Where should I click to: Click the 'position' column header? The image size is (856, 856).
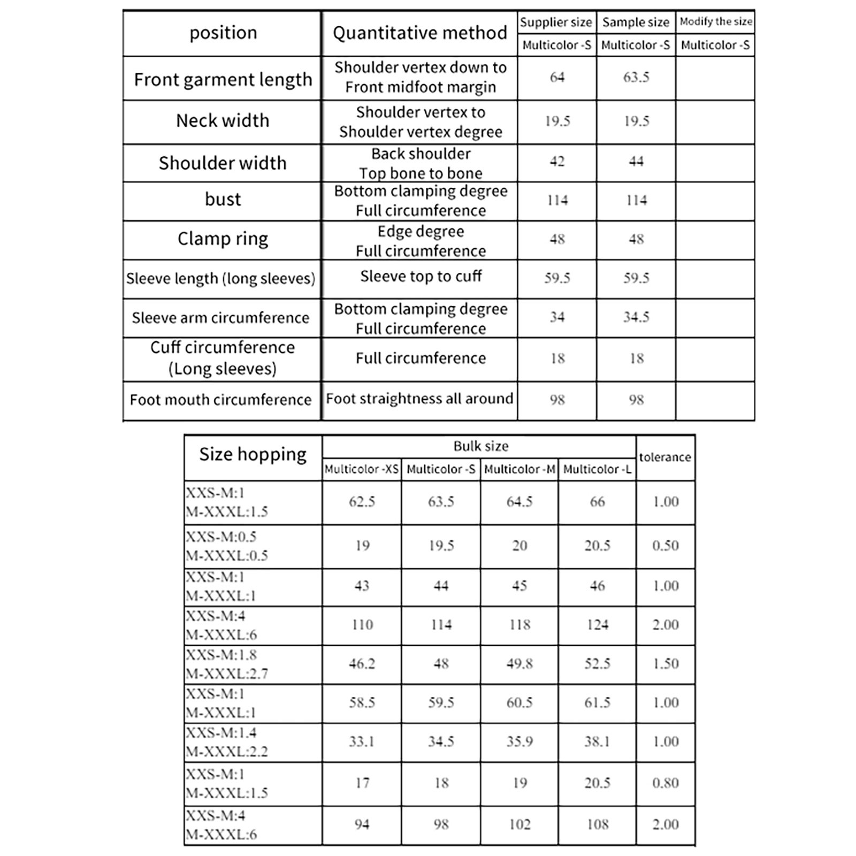pyautogui.click(x=223, y=33)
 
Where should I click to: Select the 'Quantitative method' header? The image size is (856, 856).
pyautogui.click(x=419, y=33)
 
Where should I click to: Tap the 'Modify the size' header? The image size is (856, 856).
pyautogui.click(x=715, y=22)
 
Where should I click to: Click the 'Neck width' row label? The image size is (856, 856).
pyautogui.click(x=223, y=121)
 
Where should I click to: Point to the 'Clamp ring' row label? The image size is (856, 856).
pyautogui.click(x=223, y=239)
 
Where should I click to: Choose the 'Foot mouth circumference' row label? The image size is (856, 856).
pyautogui.click(x=220, y=400)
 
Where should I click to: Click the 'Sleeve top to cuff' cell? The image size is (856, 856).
pyautogui.click(x=421, y=277)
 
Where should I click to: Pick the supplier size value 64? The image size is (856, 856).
pyautogui.click(x=557, y=78)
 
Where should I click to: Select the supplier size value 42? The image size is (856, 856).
pyautogui.click(x=557, y=162)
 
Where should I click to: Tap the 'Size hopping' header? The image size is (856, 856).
pyautogui.click(x=253, y=455)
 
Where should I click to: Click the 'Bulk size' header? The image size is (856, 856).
pyautogui.click(x=480, y=446)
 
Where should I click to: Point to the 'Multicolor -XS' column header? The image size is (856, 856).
pyautogui.click(x=362, y=469)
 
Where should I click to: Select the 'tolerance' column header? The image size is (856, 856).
pyautogui.click(x=665, y=457)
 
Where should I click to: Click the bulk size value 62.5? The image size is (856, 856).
pyautogui.click(x=362, y=502)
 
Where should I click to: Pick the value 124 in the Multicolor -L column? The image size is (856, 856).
pyautogui.click(x=597, y=625)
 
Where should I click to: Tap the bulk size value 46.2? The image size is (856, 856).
pyautogui.click(x=362, y=664)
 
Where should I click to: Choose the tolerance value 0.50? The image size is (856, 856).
pyautogui.click(x=665, y=546)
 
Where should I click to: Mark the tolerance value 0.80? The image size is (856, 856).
pyautogui.click(x=665, y=783)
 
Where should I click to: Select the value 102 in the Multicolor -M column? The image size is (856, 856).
pyautogui.click(x=519, y=824)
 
